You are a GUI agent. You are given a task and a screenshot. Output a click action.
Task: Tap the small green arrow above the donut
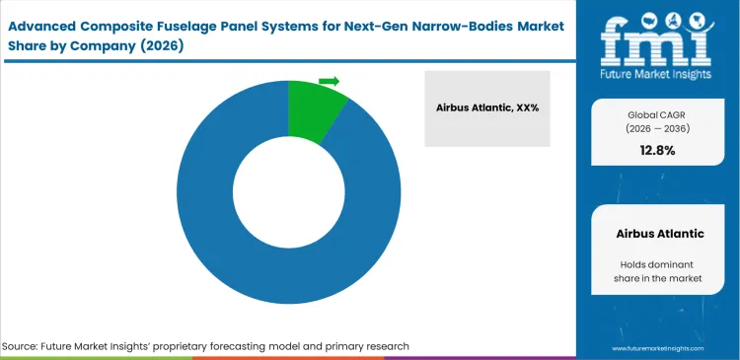tap(330, 81)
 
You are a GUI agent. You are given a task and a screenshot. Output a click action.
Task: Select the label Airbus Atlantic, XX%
tap(487, 108)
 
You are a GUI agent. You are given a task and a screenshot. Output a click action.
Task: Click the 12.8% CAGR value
tap(657, 150)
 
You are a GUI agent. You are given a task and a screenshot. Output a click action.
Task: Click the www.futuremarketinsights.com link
tap(657, 349)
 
